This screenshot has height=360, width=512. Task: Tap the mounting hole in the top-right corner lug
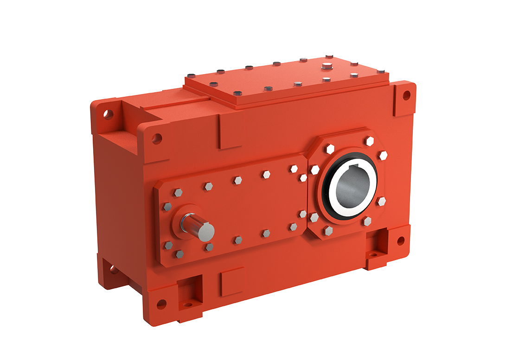tap(406, 95)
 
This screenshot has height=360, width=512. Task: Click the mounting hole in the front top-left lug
tap(157, 138)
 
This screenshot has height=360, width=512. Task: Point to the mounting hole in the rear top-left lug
tap(109, 114)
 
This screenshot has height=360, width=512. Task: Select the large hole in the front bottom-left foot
tap(161, 304)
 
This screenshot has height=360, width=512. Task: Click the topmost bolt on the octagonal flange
tap(370, 140)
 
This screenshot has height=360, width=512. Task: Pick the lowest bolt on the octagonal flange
tap(328, 230)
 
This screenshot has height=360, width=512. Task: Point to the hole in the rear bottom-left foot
tap(113, 269)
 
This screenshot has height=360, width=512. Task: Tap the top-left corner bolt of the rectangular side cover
tap(178, 192)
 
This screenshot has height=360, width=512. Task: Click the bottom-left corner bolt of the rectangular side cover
tap(179, 253)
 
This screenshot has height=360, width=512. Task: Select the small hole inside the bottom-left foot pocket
tap(188, 305)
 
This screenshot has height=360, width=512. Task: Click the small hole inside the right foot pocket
tap(373, 254)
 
